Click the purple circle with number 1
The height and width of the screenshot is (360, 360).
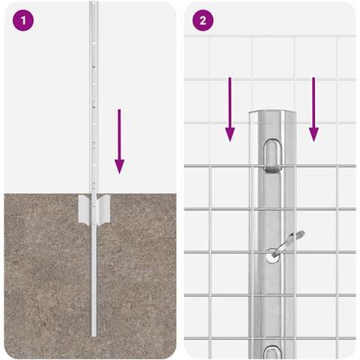(x=23, y=20)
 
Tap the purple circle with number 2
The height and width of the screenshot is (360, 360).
(x=202, y=20)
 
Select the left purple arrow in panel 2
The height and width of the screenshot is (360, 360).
(x=229, y=109)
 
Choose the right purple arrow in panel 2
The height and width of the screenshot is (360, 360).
(x=313, y=109)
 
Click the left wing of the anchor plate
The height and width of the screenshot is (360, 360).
(x=84, y=209)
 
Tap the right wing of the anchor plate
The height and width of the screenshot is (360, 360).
(x=103, y=209)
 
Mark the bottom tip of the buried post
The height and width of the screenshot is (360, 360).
(x=94, y=336)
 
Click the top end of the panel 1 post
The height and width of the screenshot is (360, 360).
(x=94, y=2)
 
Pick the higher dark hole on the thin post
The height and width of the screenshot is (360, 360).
(x=94, y=67)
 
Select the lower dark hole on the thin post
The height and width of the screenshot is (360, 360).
(x=94, y=107)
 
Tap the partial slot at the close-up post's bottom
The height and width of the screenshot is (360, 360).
(x=272, y=352)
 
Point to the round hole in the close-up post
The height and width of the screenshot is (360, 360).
(x=272, y=257)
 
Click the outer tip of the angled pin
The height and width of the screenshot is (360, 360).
(x=302, y=232)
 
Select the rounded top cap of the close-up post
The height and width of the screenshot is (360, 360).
(x=272, y=112)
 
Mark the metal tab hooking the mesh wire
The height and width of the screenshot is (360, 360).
(x=272, y=169)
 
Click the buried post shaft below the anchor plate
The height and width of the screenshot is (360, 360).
(x=94, y=280)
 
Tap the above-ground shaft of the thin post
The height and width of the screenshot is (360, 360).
(x=94, y=97)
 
